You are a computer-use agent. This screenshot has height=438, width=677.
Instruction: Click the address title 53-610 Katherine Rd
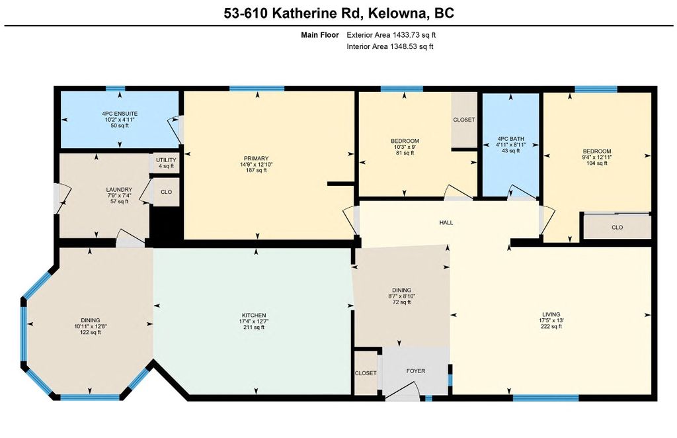click(338, 13)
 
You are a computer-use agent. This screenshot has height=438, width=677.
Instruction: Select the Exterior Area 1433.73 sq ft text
click(390, 35)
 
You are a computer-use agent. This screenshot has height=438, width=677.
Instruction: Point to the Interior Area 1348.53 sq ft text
click(390, 46)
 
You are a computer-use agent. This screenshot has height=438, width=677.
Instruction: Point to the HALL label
click(446, 223)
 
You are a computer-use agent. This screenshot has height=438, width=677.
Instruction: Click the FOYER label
click(416, 371)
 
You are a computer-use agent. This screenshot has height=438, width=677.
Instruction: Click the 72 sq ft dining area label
click(401, 296)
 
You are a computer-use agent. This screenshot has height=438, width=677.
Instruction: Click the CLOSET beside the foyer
click(366, 373)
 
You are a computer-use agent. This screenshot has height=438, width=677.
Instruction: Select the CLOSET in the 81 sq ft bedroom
click(463, 120)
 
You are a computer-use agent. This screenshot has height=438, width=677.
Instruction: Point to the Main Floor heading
click(320, 35)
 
